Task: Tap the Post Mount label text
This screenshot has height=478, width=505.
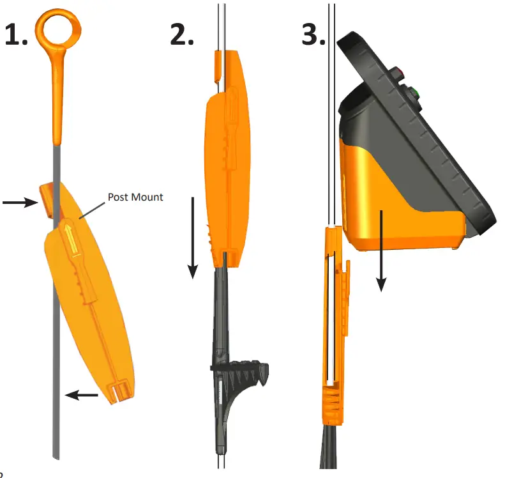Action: (x=135, y=197)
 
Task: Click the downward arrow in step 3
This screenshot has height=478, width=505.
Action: (x=382, y=249)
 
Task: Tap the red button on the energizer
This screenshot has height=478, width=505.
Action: (x=399, y=72)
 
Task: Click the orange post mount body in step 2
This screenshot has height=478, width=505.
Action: (x=227, y=173)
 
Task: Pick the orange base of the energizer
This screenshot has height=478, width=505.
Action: (x=396, y=204)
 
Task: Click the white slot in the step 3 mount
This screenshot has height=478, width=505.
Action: (x=331, y=320)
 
